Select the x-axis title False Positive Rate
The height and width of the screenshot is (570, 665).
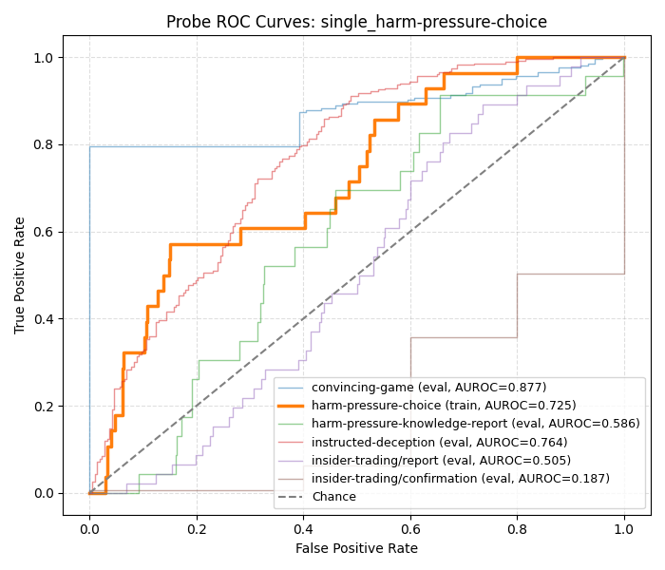[x=356, y=548]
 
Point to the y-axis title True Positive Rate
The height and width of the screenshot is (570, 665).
[x=20, y=275]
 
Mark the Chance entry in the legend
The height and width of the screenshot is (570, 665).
[x=333, y=497]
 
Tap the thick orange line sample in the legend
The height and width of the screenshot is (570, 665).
[x=293, y=406]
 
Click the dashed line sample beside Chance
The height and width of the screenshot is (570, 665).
[x=293, y=497]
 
